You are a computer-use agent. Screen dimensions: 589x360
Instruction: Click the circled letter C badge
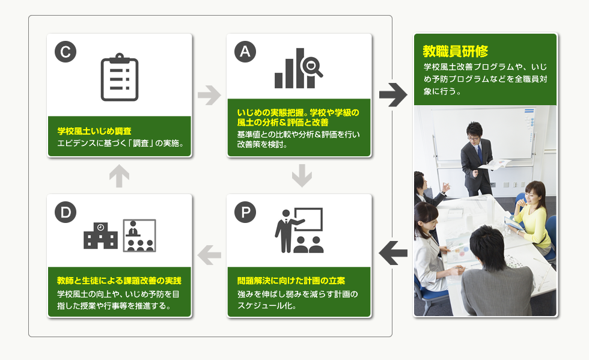pos(66,52)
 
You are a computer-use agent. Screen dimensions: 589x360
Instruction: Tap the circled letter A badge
pos(245,52)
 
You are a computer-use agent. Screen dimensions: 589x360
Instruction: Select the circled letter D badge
pos(66,212)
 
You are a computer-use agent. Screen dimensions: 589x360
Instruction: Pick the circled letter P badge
pos(245,212)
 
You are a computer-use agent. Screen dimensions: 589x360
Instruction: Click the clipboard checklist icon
pos(120,77)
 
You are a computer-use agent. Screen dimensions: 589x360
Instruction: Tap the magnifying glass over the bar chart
pos(311,67)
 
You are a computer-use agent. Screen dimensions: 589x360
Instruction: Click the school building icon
pos(100,236)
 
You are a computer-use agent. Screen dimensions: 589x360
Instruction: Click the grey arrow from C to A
pos(209,95)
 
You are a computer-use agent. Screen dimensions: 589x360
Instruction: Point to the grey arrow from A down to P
pos(302,175)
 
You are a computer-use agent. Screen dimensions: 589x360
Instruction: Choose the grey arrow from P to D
pos(209,255)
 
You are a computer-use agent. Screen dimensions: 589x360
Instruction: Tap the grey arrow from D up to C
pos(120,175)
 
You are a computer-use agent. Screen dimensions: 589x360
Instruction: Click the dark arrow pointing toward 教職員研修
pos(393,95)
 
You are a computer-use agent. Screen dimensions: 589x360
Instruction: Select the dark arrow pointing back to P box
pos(393,253)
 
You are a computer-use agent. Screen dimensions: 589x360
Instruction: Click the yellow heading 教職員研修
pos(456,51)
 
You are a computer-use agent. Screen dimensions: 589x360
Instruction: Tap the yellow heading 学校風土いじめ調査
pos(94,131)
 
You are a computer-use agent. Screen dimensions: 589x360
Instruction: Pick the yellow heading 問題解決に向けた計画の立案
pos(291,281)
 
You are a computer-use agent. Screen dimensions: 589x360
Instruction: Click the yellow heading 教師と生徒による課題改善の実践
pos(119,281)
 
